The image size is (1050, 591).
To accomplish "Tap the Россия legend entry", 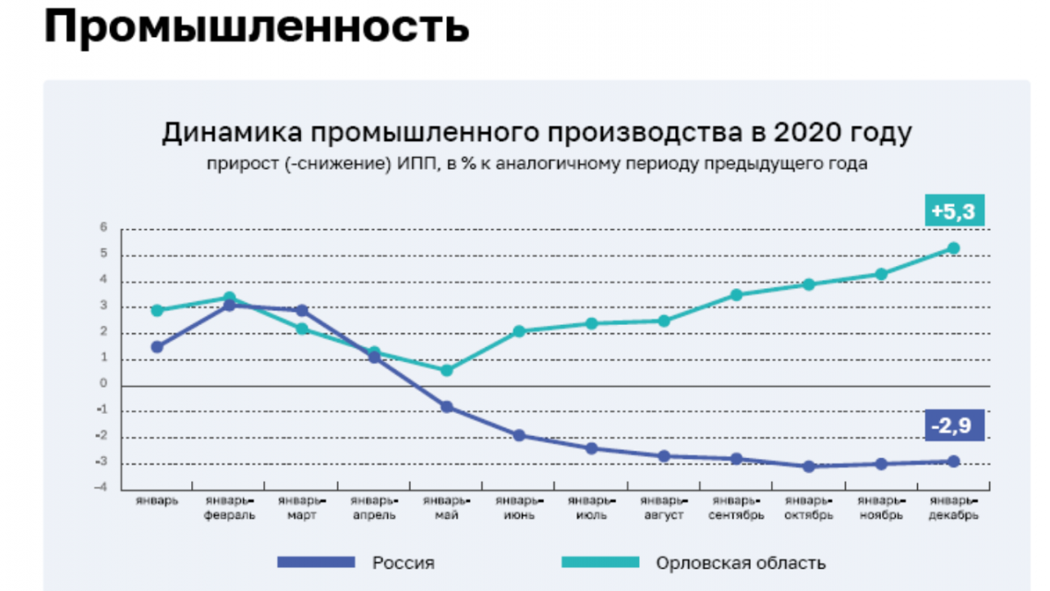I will (x=404, y=562).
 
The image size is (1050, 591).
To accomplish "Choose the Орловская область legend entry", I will (x=741, y=562).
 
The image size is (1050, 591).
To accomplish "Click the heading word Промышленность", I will (x=256, y=28).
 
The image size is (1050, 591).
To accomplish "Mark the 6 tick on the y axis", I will (x=103, y=228).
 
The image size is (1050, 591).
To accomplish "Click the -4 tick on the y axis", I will (x=103, y=488).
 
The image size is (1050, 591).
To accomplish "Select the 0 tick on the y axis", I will (x=103, y=384).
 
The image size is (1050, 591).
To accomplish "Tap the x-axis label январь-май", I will (x=447, y=508).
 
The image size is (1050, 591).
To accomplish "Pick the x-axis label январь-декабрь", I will (x=953, y=508).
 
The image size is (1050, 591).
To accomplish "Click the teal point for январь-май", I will (x=447, y=370).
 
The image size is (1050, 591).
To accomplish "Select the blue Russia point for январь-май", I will (x=447, y=406).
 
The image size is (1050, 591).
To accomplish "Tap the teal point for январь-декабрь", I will (x=954, y=247).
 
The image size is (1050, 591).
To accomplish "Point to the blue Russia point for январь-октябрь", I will (x=809, y=466).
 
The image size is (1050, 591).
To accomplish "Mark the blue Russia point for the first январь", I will (x=158, y=347).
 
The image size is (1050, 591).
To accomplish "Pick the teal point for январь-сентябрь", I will (x=736, y=295).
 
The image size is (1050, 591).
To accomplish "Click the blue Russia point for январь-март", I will (x=302, y=310).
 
